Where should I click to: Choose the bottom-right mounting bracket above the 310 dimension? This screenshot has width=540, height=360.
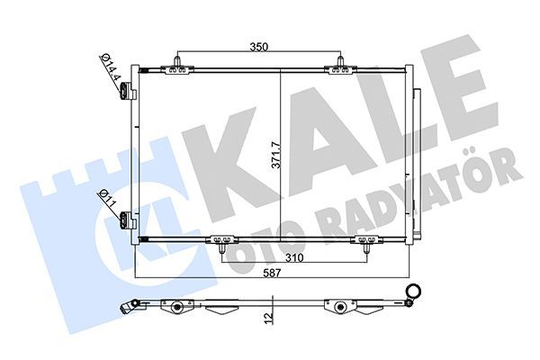[x=366, y=239]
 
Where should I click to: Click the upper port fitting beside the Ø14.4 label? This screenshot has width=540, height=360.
[x=128, y=90]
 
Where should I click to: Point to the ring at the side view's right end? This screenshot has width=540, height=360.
[x=415, y=291]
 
